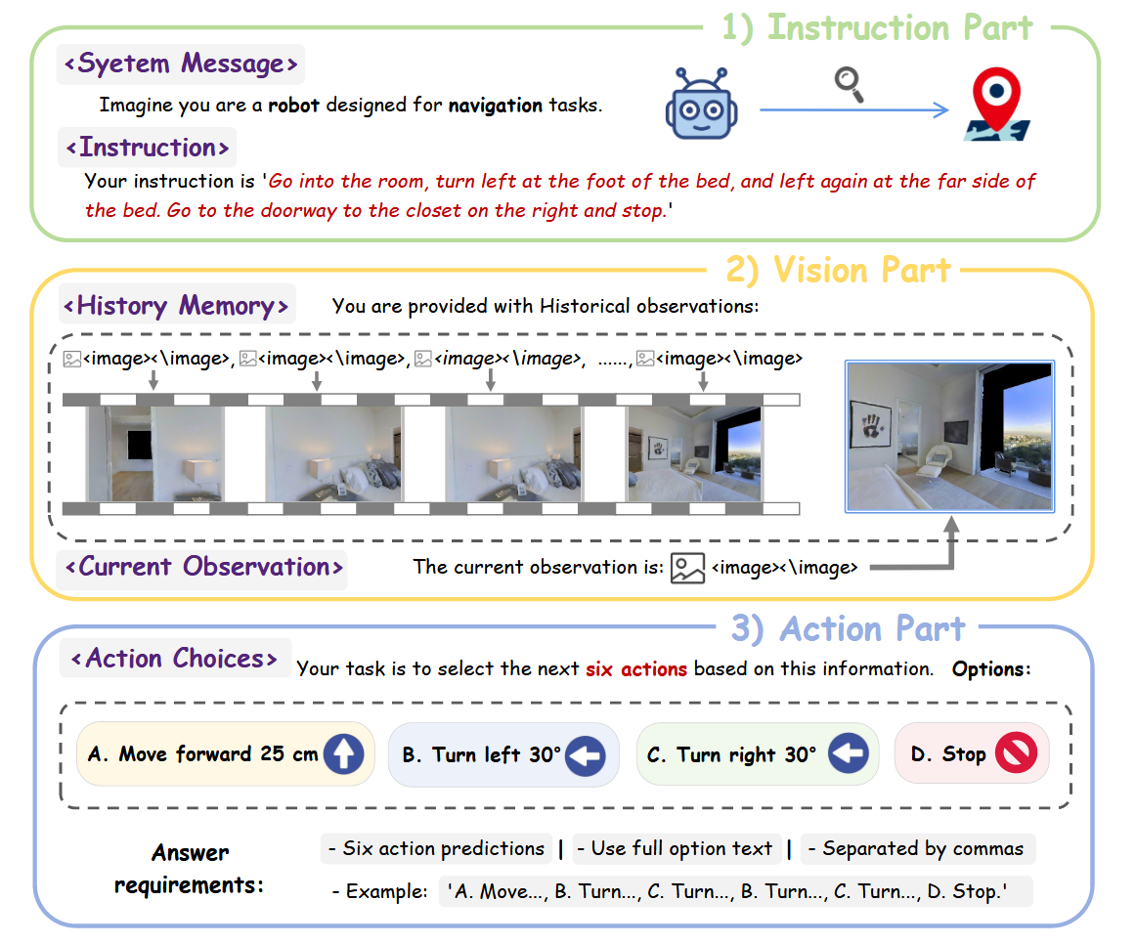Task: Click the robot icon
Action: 701,104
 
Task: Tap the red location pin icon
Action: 997,104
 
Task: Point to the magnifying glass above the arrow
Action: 850,84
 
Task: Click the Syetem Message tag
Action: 181,64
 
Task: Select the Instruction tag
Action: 147,148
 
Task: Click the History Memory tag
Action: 177,306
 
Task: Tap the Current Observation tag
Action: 202,567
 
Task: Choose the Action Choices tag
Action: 175,659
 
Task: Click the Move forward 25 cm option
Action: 225,753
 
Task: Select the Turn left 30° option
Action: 503,754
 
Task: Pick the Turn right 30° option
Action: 757,754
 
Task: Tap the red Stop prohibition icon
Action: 1017,752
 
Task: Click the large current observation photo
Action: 950,437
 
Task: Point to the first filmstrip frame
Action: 155,453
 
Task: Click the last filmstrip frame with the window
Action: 694,453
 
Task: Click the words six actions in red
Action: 636,668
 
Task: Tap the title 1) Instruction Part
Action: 877,28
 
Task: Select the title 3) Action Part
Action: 849,628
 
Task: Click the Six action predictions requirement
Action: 436,848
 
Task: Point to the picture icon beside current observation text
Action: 687,569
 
